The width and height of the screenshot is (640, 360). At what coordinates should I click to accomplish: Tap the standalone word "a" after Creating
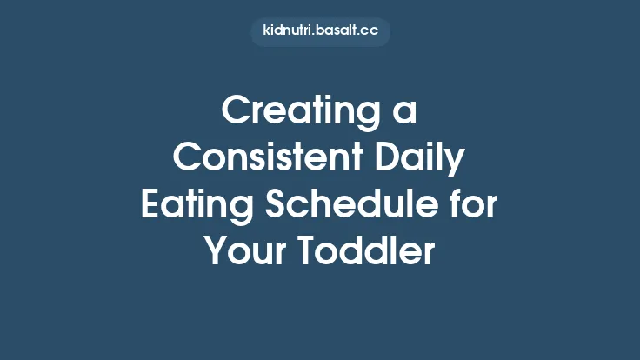point(403,115)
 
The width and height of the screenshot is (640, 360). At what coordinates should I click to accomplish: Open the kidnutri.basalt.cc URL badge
point(320,31)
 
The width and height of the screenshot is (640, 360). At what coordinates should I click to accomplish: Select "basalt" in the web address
point(337,31)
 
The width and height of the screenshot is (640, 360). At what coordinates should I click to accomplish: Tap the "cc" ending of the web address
point(369,31)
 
